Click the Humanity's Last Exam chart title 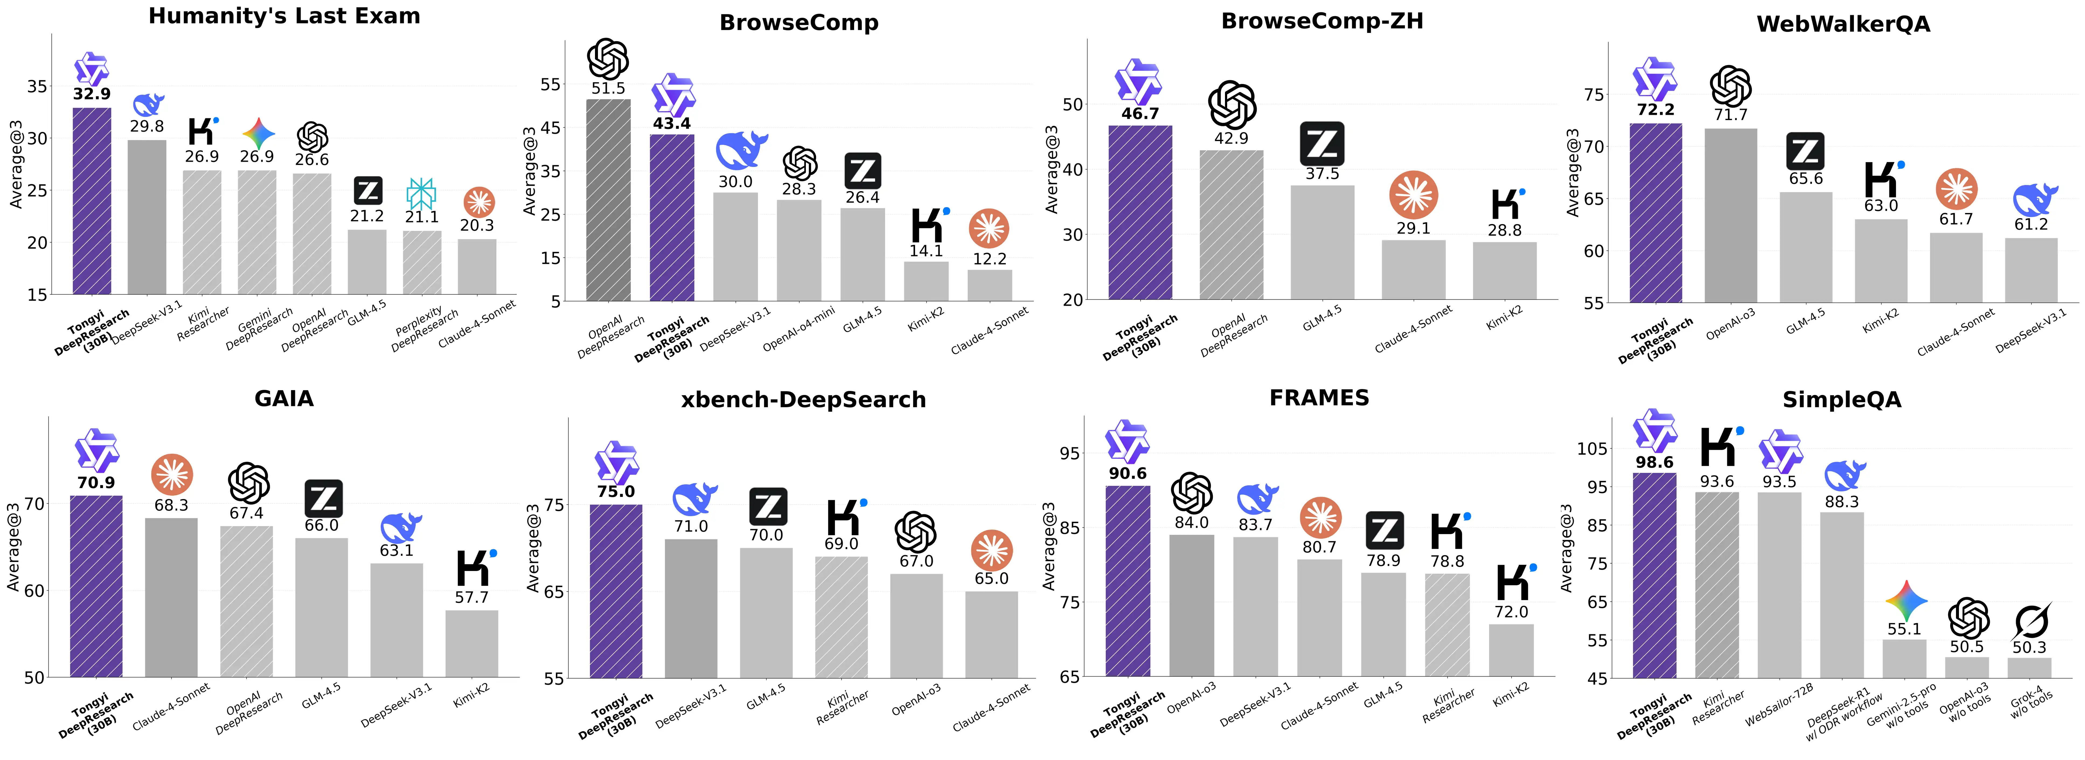coord(284,16)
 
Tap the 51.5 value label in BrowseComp coord(608,88)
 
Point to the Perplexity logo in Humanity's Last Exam coord(421,194)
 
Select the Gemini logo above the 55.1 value coord(1905,601)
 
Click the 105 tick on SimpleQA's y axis coord(1592,449)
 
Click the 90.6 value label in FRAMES coord(1127,474)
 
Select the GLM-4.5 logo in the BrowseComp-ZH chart coord(1322,144)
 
